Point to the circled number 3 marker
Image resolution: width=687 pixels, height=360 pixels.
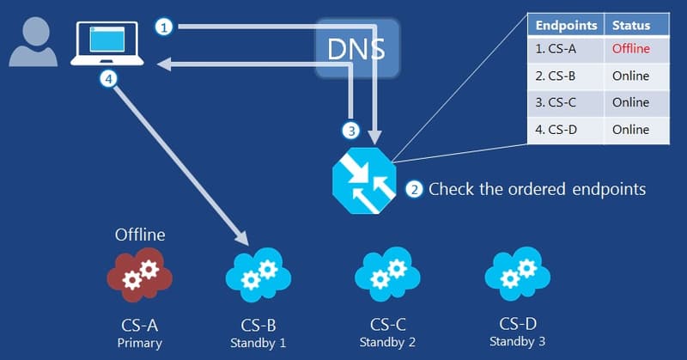(x=350, y=131)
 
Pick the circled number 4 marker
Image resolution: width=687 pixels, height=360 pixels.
(x=107, y=79)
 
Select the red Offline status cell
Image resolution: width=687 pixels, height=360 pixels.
(x=631, y=49)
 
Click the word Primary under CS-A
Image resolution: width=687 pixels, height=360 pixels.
(x=139, y=343)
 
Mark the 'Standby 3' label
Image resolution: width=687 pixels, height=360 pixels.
(x=517, y=341)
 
